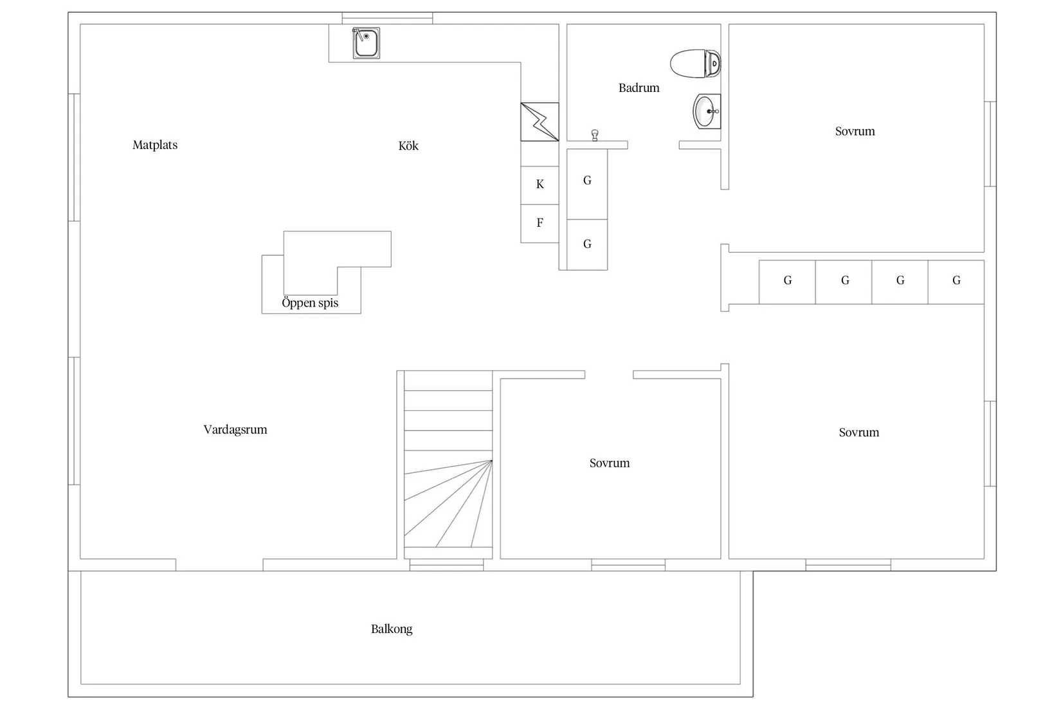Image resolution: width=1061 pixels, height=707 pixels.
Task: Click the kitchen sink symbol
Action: point(366,43)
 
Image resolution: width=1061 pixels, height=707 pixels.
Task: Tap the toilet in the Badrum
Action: point(695,64)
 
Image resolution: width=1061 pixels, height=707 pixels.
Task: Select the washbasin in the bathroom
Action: point(707,111)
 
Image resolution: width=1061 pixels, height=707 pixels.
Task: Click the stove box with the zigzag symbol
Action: point(540,121)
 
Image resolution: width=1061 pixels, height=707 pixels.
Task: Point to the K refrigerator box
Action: point(540,185)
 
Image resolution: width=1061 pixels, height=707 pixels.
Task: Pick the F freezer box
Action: point(540,224)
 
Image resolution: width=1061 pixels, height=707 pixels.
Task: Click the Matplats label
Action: point(155,145)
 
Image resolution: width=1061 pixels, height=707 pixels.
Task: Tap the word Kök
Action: point(408,145)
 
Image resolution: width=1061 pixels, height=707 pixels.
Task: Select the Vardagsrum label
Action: point(235,429)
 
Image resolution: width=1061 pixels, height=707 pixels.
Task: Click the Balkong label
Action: point(392,629)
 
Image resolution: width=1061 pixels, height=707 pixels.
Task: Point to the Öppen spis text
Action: point(310,303)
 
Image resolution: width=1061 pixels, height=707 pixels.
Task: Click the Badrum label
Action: point(639,87)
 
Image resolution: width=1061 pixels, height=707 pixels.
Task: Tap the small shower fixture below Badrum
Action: point(595,136)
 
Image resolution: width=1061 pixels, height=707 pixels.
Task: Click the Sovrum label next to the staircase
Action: point(610,463)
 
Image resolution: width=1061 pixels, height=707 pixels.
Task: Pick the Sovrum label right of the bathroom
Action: point(855,131)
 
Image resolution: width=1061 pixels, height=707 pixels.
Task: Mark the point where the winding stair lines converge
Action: point(492,460)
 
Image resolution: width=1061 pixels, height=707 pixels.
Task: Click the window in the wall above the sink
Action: point(388,18)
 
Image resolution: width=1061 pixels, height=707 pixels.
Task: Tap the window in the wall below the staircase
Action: point(447,565)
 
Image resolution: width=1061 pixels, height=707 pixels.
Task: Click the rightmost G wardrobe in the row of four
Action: point(956,282)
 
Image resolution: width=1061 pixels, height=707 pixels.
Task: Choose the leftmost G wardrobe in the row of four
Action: point(787,282)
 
